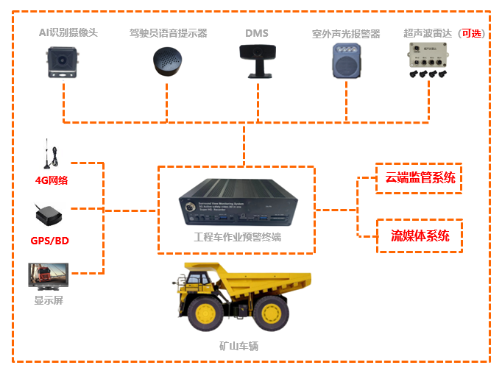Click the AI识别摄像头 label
[68, 32]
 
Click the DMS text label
[256, 33]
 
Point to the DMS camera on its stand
[257, 58]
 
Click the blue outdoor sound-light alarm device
[345, 59]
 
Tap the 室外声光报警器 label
[345, 34]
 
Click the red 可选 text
[471, 34]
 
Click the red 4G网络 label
[52, 180]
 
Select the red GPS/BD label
[50, 240]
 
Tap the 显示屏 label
[49, 300]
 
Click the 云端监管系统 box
[419, 177]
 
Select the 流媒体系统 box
[419, 235]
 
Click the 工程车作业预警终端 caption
[237, 238]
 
